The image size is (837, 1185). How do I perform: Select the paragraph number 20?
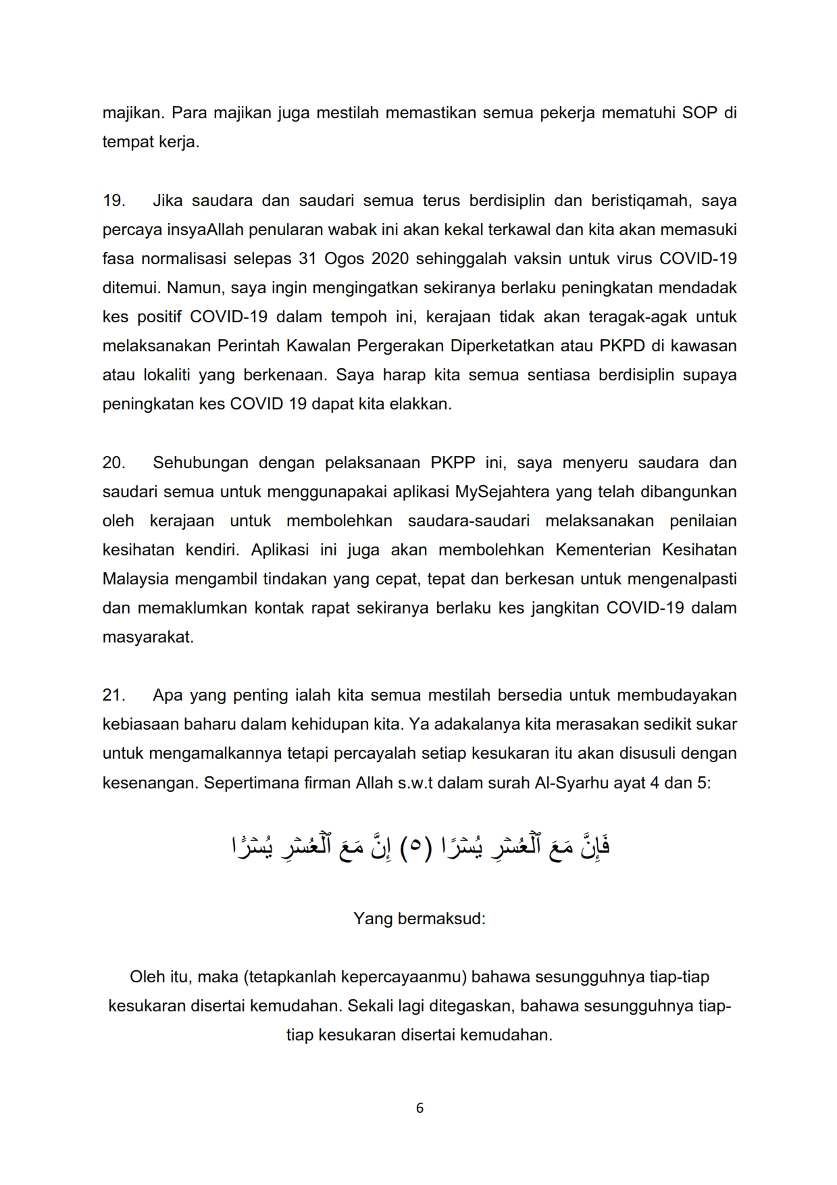tap(114, 463)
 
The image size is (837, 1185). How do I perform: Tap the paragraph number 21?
tap(113, 695)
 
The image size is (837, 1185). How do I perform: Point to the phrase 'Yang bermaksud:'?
tap(419, 919)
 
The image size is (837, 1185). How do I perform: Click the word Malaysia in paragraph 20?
tap(135, 579)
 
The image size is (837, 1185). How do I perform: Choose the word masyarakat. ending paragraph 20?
tap(148, 637)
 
